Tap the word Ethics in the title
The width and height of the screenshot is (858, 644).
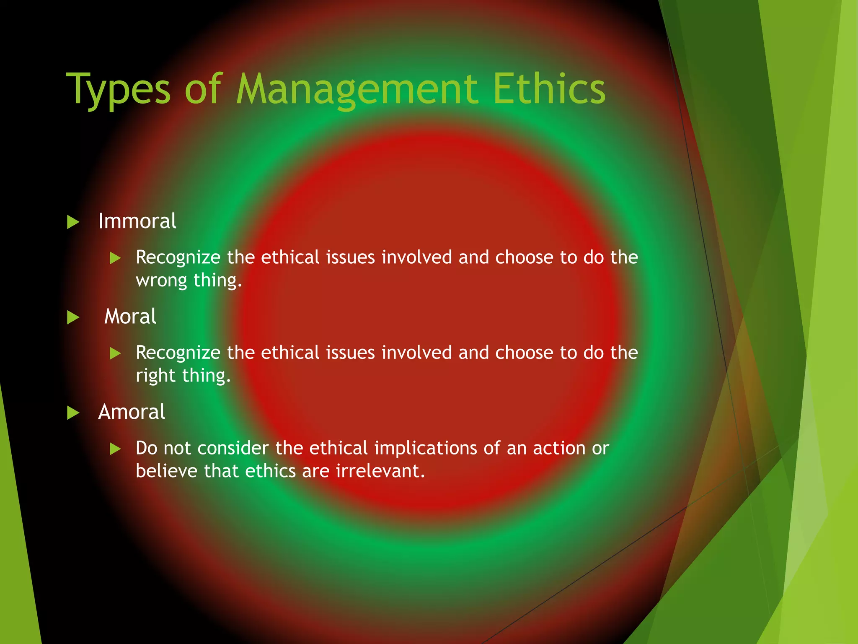(549, 88)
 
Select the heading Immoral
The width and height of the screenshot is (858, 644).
(137, 221)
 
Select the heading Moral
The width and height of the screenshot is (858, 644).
(130, 316)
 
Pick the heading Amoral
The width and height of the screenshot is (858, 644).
(132, 412)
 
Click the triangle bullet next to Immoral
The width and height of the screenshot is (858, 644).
(73, 222)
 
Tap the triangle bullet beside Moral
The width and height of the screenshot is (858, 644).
(73, 317)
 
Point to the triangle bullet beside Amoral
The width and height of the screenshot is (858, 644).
(73, 413)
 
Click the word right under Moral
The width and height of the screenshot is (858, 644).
(155, 376)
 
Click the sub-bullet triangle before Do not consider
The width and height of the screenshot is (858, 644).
(115, 449)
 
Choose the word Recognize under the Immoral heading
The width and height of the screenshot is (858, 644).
(178, 257)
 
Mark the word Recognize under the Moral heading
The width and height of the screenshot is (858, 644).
(178, 353)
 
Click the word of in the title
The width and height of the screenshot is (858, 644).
(202, 88)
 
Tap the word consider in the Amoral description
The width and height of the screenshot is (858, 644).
(233, 448)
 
